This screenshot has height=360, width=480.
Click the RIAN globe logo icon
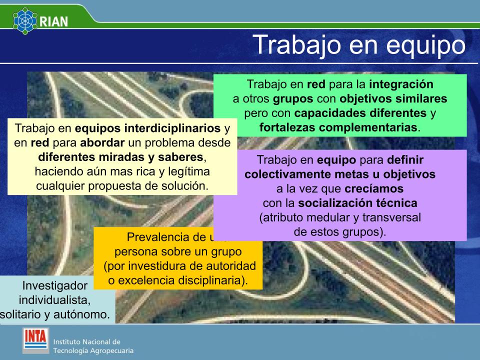(25, 20)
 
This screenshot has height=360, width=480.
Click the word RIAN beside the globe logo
(54, 21)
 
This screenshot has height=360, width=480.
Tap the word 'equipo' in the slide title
(426, 45)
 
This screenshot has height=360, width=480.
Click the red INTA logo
(36, 340)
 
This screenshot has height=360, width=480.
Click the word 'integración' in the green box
(401, 84)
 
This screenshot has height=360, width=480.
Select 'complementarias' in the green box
(368, 127)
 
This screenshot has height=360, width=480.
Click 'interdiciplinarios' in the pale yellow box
(172, 128)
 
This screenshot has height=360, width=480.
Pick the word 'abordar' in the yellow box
(102, 142)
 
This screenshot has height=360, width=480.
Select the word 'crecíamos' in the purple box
(374, 188)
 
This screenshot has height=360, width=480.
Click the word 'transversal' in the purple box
(391, 217)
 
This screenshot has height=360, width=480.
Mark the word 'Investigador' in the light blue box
(55, 285)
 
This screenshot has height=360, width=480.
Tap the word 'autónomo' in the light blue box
(79, 314)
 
